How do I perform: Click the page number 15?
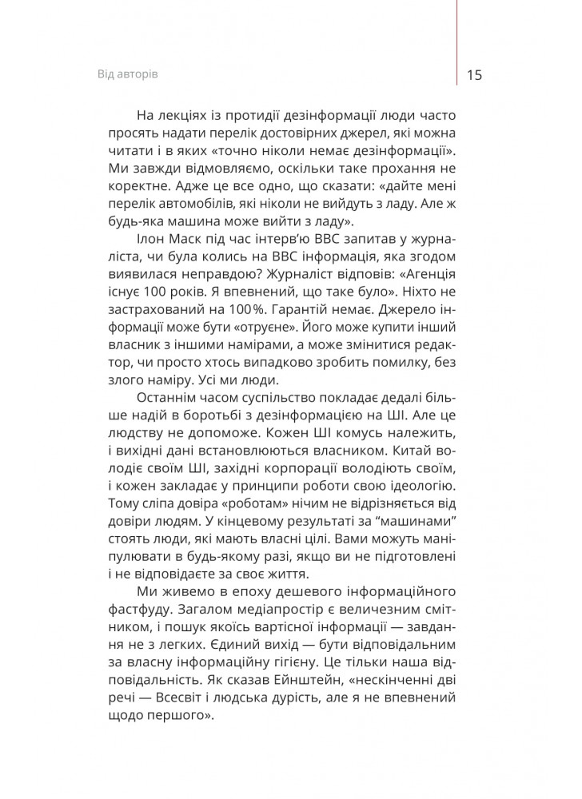pyautogui.click(x=472, y=75)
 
